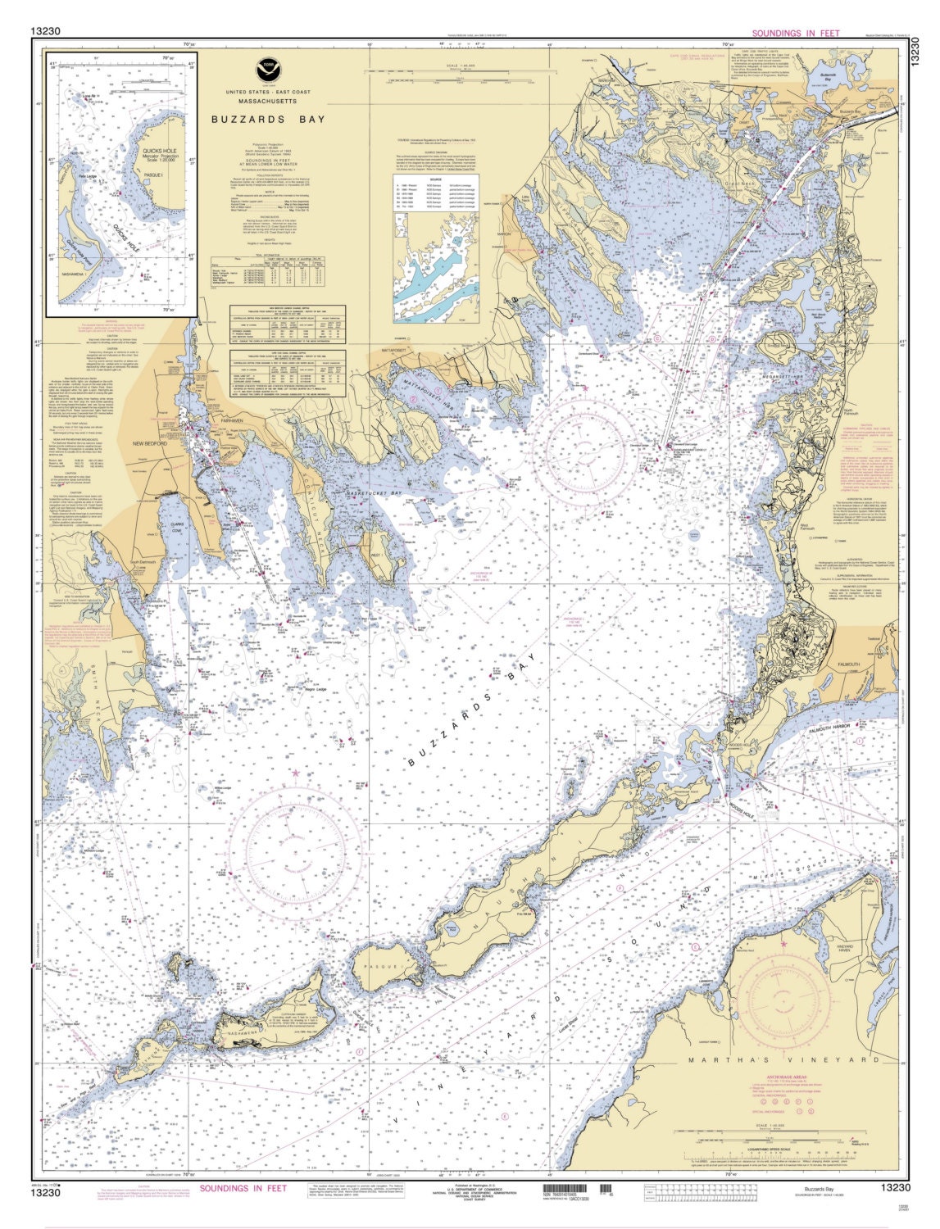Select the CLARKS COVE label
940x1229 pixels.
198,529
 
